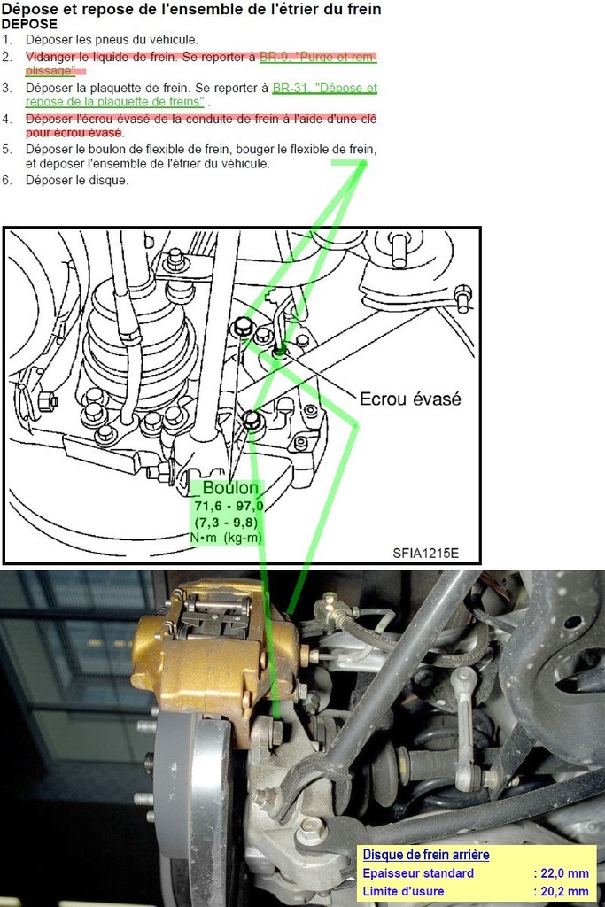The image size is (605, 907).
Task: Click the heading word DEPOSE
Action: point(29,24)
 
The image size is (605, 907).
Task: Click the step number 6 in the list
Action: point(6,181)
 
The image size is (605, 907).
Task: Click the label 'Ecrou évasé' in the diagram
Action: point(410,399)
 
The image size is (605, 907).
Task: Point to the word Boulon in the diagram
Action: point(230,488)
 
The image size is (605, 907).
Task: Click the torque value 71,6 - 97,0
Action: point(229,506)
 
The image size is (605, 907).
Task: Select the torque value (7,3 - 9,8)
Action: point(226,523)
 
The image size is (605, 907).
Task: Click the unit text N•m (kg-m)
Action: point(226,538)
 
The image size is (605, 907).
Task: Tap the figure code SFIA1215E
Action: point(426,553)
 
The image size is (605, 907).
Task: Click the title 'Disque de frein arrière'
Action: point(426,855)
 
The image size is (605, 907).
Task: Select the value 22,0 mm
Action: point(564,873)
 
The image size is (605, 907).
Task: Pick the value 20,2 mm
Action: point(564,891)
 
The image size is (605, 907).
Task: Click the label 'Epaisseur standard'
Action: point(418,873)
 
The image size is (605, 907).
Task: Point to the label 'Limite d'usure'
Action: point(403,891)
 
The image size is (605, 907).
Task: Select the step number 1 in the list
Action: point(6,40)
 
